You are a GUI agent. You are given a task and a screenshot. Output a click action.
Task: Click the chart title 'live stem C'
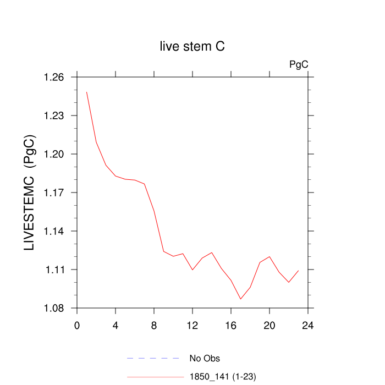192,47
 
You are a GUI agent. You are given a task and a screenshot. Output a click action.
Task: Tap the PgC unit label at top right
299,64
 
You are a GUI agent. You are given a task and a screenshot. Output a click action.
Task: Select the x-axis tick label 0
77,324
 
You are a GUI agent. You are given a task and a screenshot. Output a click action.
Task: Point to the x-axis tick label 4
116,324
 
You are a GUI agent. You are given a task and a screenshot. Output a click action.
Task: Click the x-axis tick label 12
193,324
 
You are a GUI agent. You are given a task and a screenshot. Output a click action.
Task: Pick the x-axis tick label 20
269,324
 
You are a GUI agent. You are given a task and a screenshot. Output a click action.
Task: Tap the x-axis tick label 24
308,324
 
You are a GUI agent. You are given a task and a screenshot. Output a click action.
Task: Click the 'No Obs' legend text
204,359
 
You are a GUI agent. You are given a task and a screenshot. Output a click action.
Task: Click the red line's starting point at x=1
87,92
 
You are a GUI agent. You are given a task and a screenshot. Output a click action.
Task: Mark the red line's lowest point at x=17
240,299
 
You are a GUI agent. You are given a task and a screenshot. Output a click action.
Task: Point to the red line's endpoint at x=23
298,271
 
